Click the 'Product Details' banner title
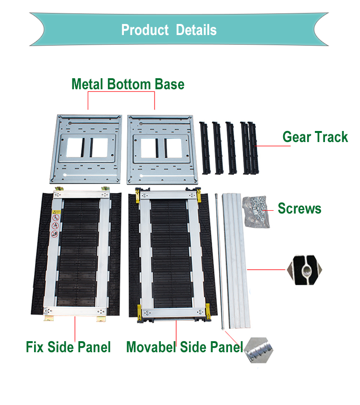click(x=169, y=30)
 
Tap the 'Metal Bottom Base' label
click(x=128, y=84)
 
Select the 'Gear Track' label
click(x=315, y=137)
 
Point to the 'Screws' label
click(x=300, y=208)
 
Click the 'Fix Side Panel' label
click(x=68, y=347)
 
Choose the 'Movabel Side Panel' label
click(x=184, y=347)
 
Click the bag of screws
click(x=256, y=212)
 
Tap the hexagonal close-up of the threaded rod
click(x=258, y=350)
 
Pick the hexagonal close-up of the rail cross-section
click(x=305, y=270)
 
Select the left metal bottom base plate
click(x=86, y=149)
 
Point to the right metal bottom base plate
click(x=162, y=150)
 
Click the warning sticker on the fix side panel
click(x=55, y=224)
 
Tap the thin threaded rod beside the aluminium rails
click(x=219, y=261)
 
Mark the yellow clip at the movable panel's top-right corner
click(x=198, y=194)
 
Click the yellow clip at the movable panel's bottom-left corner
click(x=139, y=312)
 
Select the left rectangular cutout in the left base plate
click(x=75, y=147)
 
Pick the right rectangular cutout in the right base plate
click(x=173, y=148)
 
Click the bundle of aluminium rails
click(x=236, y=261)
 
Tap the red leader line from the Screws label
click(x=268, y=211)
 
